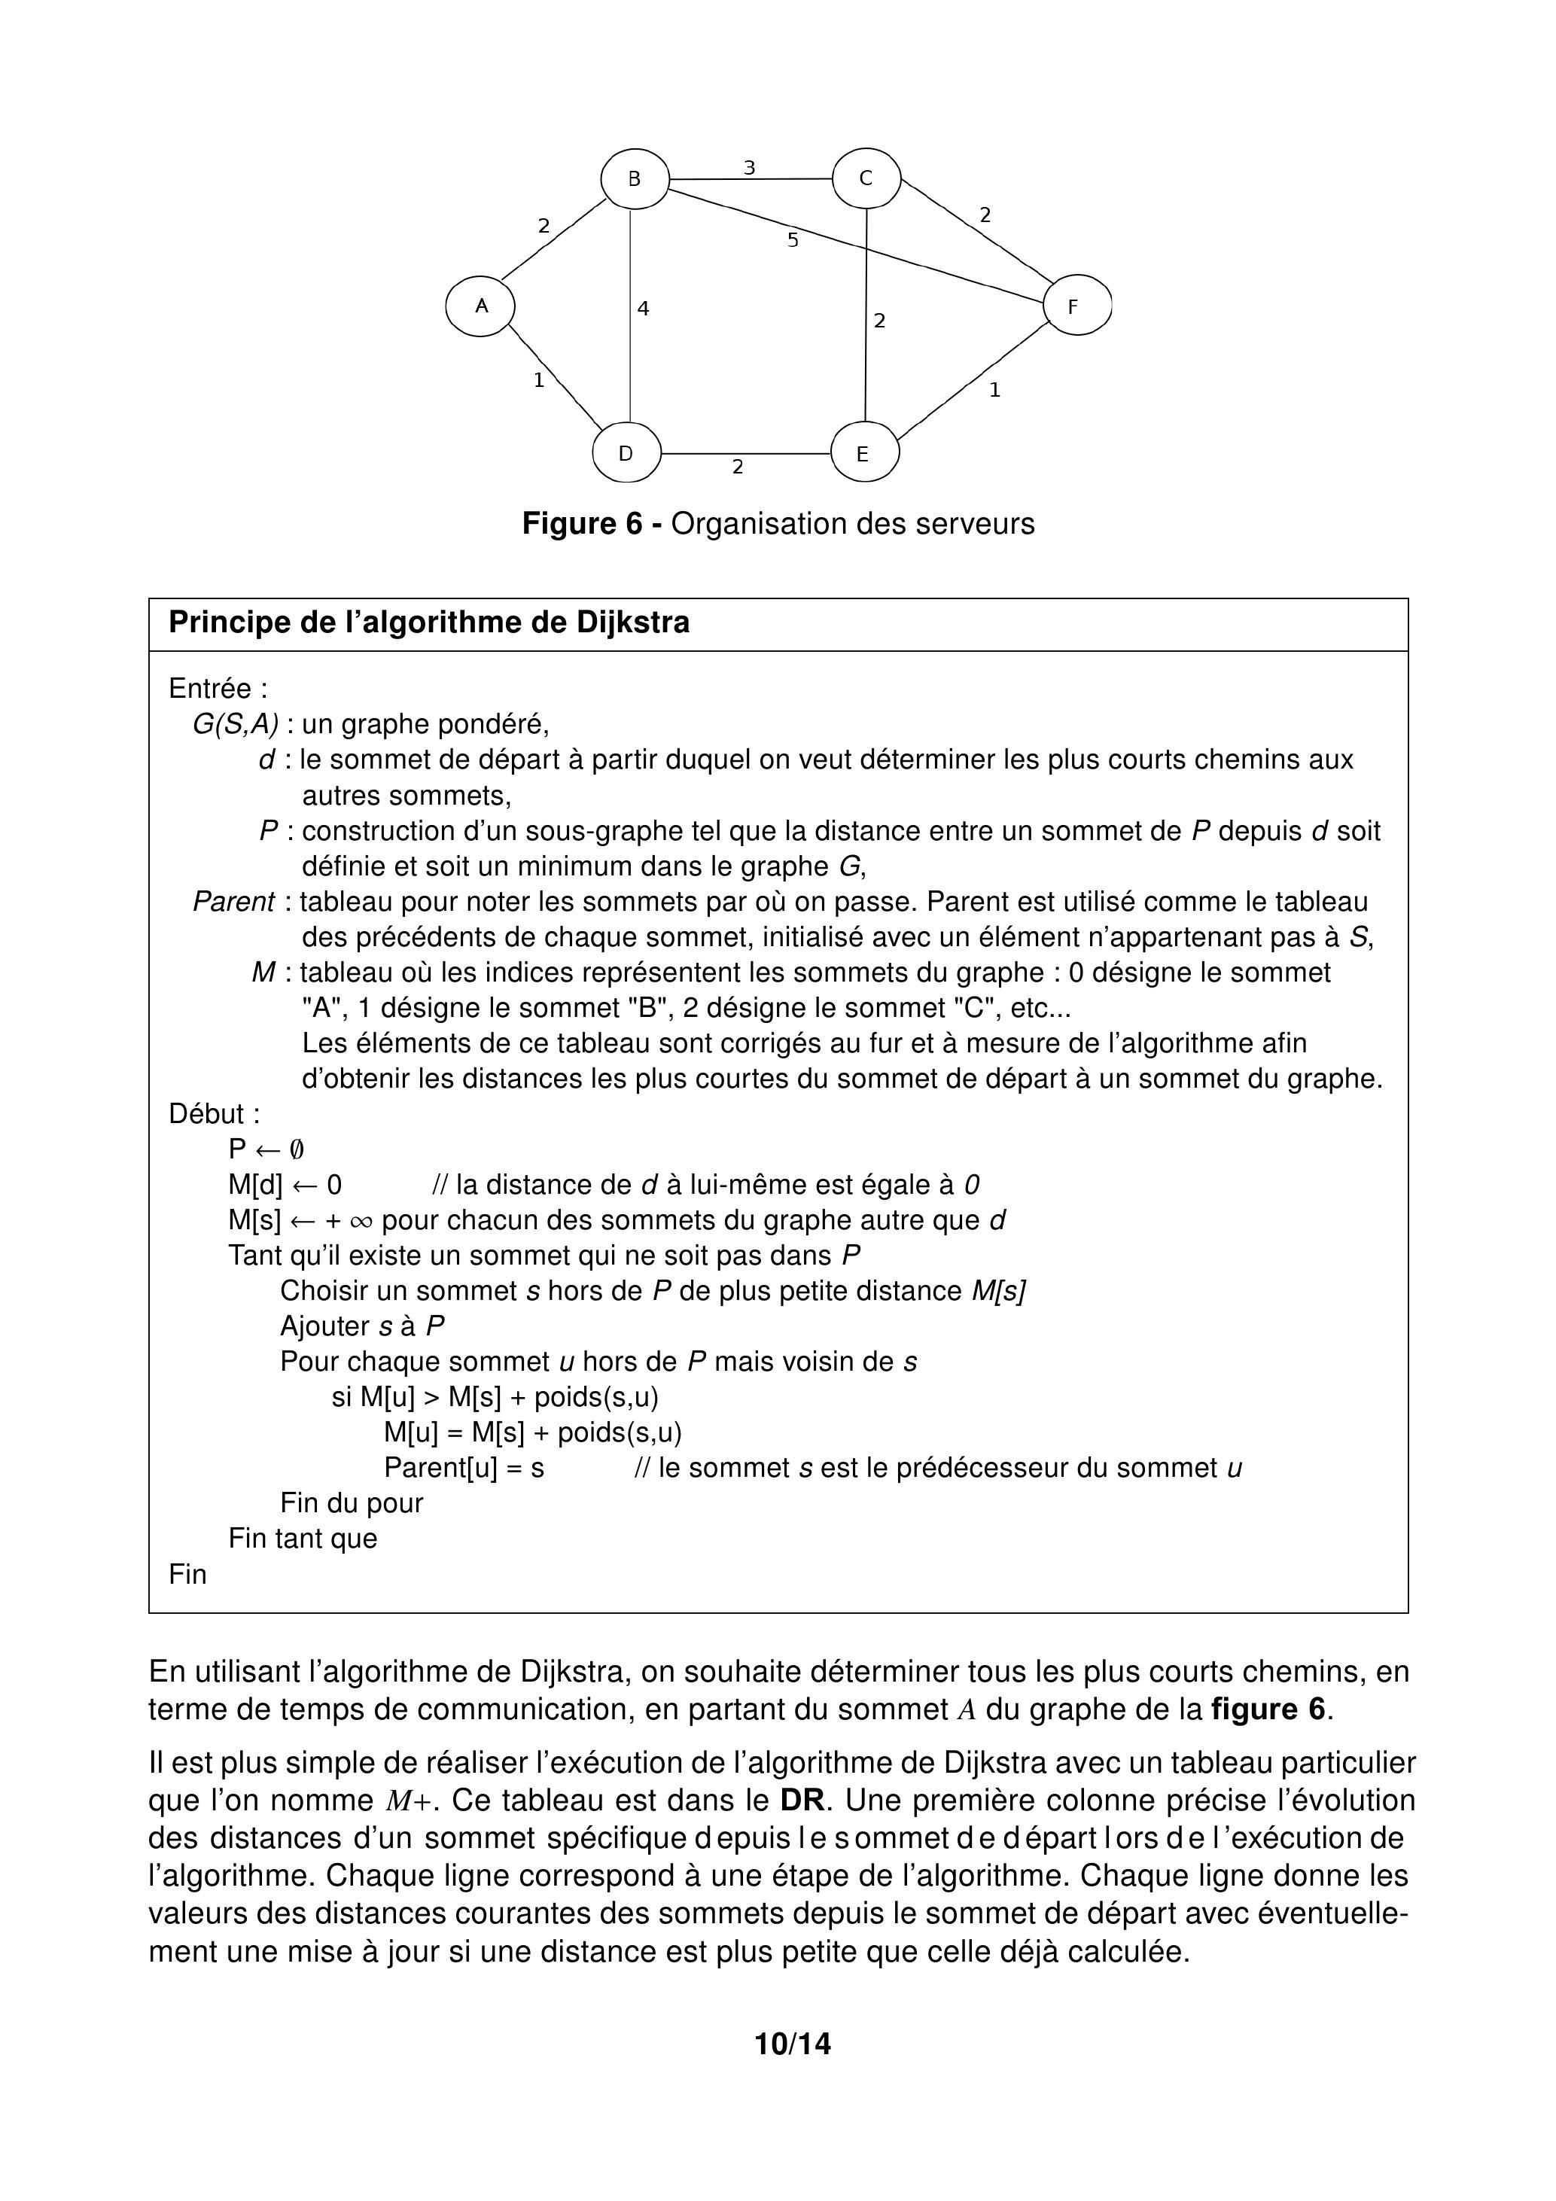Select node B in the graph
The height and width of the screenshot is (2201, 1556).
(635, 178)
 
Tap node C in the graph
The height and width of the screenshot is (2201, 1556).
(866, 178)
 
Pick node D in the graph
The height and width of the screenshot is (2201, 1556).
(627, 453)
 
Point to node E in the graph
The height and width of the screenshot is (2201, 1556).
(863, 455)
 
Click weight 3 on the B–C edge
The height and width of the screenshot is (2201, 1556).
(750, 168)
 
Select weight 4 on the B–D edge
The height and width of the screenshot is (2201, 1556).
(644, 309)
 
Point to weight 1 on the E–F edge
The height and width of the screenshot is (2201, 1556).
(994, 390)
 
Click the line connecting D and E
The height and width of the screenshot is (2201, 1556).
(746, 453)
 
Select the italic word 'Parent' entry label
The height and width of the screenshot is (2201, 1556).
(233, 902)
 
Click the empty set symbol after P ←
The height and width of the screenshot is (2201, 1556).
(297, 1149)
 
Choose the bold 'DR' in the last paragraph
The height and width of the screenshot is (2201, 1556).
(803, 1801)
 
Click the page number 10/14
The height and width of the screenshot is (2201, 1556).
(793, 2044)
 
